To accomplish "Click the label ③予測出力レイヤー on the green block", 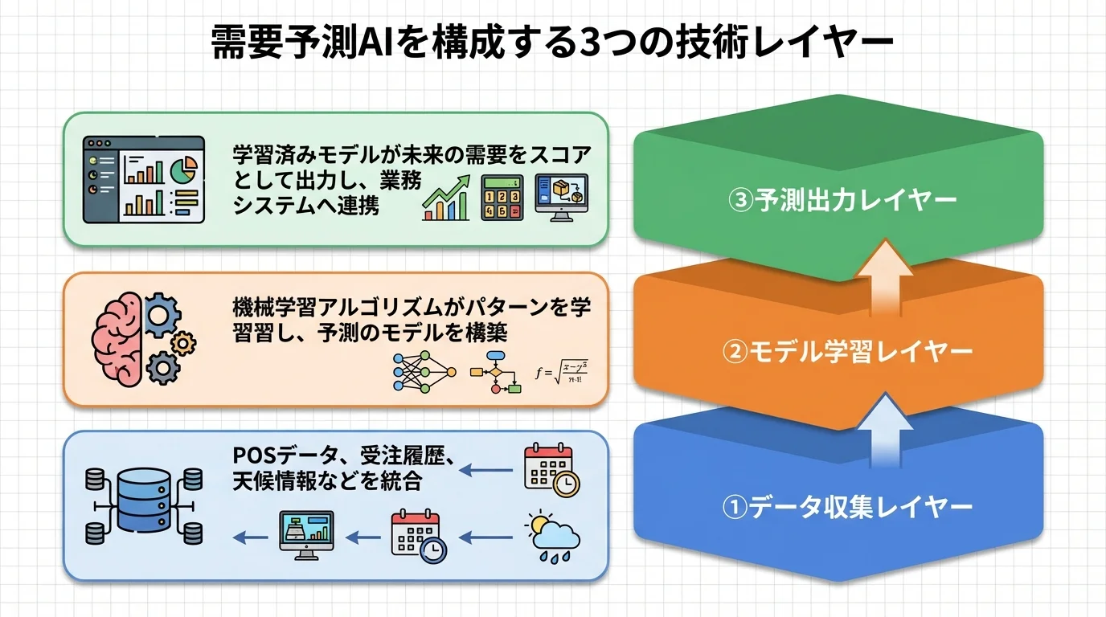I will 842,199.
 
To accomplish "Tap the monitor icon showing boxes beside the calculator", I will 561,196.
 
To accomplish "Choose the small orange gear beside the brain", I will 184,343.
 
